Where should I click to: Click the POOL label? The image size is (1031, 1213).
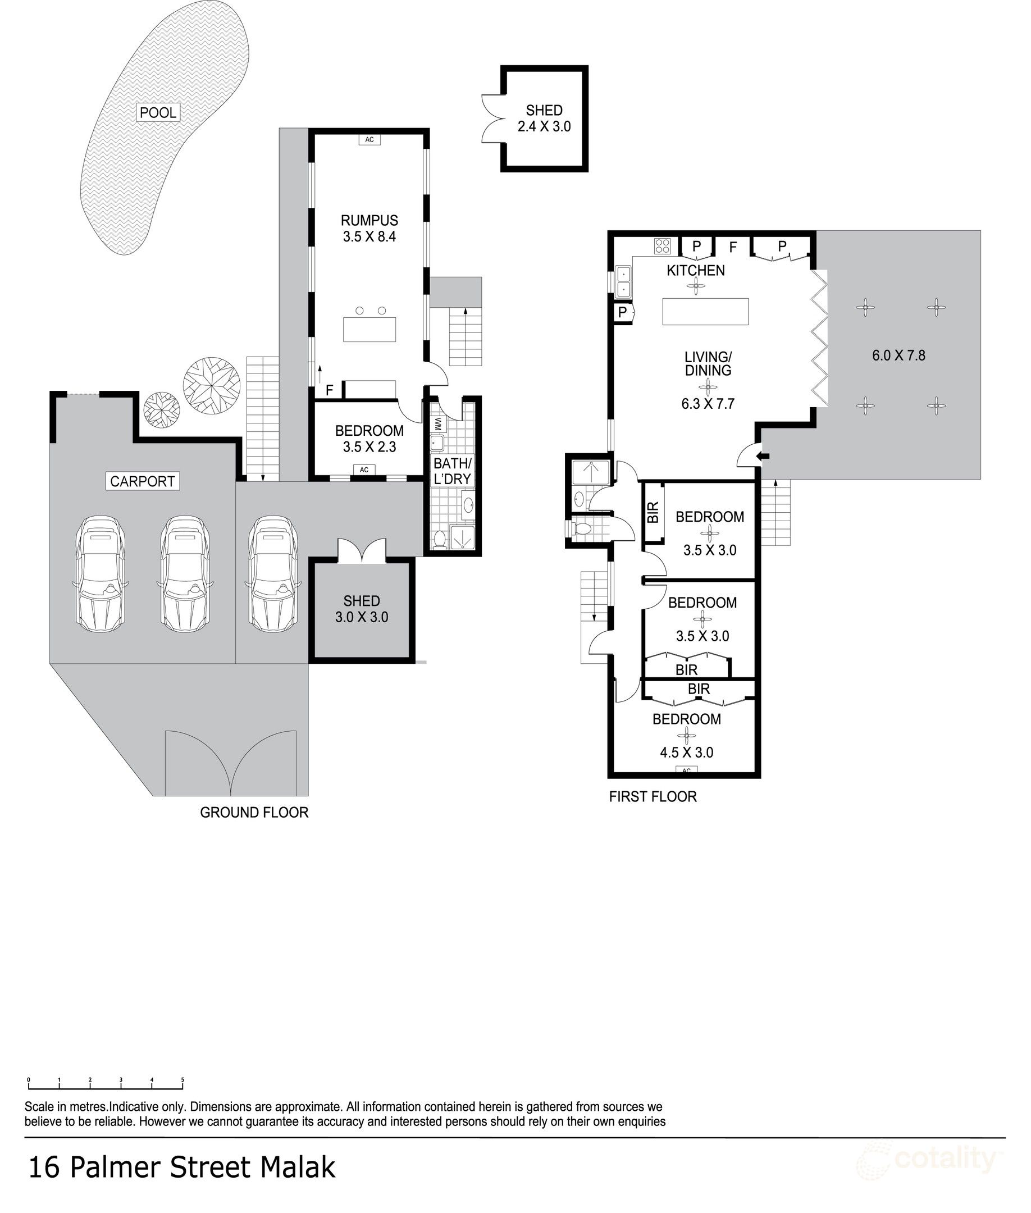click(x=158, y=112)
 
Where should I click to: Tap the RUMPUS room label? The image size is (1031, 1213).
click(x=369, y=220)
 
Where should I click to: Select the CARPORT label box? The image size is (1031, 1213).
click(x=143, y=481)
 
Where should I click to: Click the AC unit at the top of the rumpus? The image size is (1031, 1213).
click(x=369, y=140)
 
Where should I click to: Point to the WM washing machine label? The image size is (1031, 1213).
click(x=439, y=422)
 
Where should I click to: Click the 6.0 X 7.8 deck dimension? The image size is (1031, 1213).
click(x=898, y=355)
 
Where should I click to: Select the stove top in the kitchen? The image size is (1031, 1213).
click(x=662, y=245)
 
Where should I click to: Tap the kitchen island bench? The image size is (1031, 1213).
click(x=705, y=311)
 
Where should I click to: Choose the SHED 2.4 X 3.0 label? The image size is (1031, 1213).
click(x=544, y=118)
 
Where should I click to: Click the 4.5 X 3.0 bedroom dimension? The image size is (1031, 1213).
click(x=686, y=753)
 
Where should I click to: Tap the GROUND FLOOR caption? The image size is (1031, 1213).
click(x=254, y=813)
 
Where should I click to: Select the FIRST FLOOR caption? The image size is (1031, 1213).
click(x=653, y=797)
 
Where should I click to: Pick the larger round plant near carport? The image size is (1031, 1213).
click(x=212, y=385)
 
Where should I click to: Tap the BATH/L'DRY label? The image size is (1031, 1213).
click(x=452, y=471)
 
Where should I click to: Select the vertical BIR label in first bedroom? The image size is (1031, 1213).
click(x=654, y=512)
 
